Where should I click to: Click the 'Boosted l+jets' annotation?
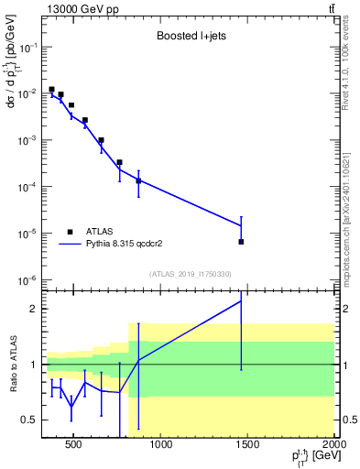click(x=189, y=38)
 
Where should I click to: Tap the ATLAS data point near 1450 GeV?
click(x=241, y=242)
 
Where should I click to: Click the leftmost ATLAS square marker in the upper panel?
click(x=51, y=90)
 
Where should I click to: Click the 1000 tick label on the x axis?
click(x=160, y=446)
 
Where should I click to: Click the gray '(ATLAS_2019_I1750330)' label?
click(x=189, y=274)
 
